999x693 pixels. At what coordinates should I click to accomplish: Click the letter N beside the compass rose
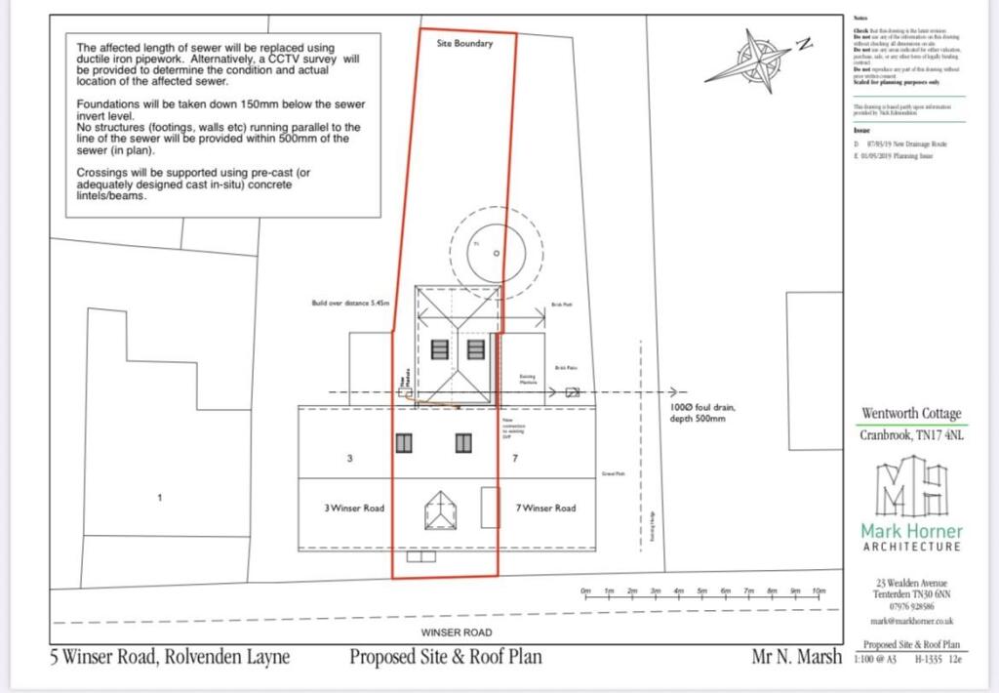[x=803, y=43]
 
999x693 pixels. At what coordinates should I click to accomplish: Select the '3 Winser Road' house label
[x=353, y=508]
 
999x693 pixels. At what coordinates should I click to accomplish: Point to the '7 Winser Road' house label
[x=545, y=508]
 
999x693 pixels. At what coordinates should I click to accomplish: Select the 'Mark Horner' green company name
[x=910, y=531]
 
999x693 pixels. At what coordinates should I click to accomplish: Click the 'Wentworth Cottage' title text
[x=910, y=413]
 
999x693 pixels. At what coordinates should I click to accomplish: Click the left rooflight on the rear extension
[x=440, y=349]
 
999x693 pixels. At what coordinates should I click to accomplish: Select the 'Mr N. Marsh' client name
[x=796, y=657]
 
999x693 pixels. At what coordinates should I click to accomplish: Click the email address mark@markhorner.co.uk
[x=911, y=621]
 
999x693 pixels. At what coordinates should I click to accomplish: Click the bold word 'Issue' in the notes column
[x=860, y=130]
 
